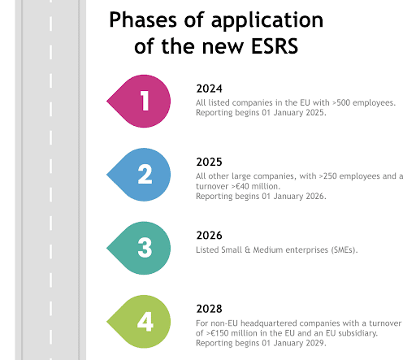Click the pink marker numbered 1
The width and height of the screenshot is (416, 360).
(143, 102)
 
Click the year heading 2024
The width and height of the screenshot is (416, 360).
(210, 89)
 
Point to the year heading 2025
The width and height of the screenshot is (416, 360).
(210, 161)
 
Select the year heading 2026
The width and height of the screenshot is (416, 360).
(210, 235)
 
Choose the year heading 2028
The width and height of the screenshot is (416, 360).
(210, 308)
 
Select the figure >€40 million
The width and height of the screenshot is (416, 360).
(252, 186)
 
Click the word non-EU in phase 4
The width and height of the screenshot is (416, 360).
(225, 323)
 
